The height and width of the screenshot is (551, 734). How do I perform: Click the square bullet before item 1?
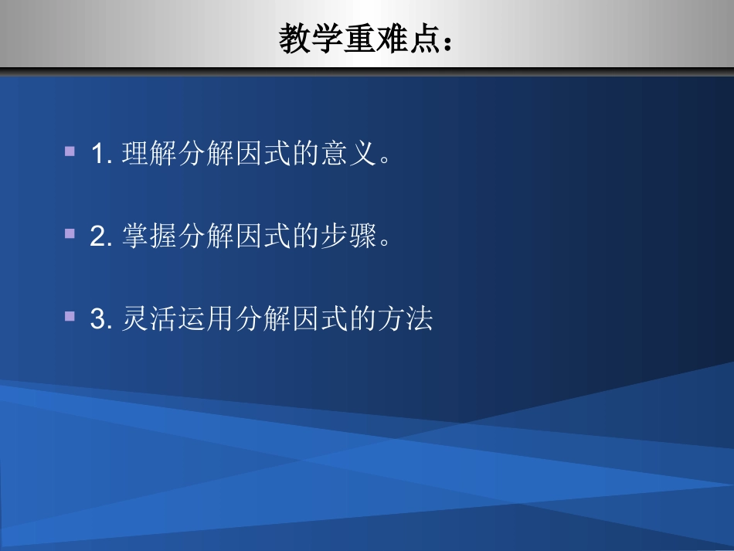70,151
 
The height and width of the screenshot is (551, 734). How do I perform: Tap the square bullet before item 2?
70,233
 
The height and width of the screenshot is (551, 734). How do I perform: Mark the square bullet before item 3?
70,316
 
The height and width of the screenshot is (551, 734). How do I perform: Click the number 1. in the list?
102,154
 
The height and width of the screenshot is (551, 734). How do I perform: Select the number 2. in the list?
102,236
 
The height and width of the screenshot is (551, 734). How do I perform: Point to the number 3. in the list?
102,319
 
